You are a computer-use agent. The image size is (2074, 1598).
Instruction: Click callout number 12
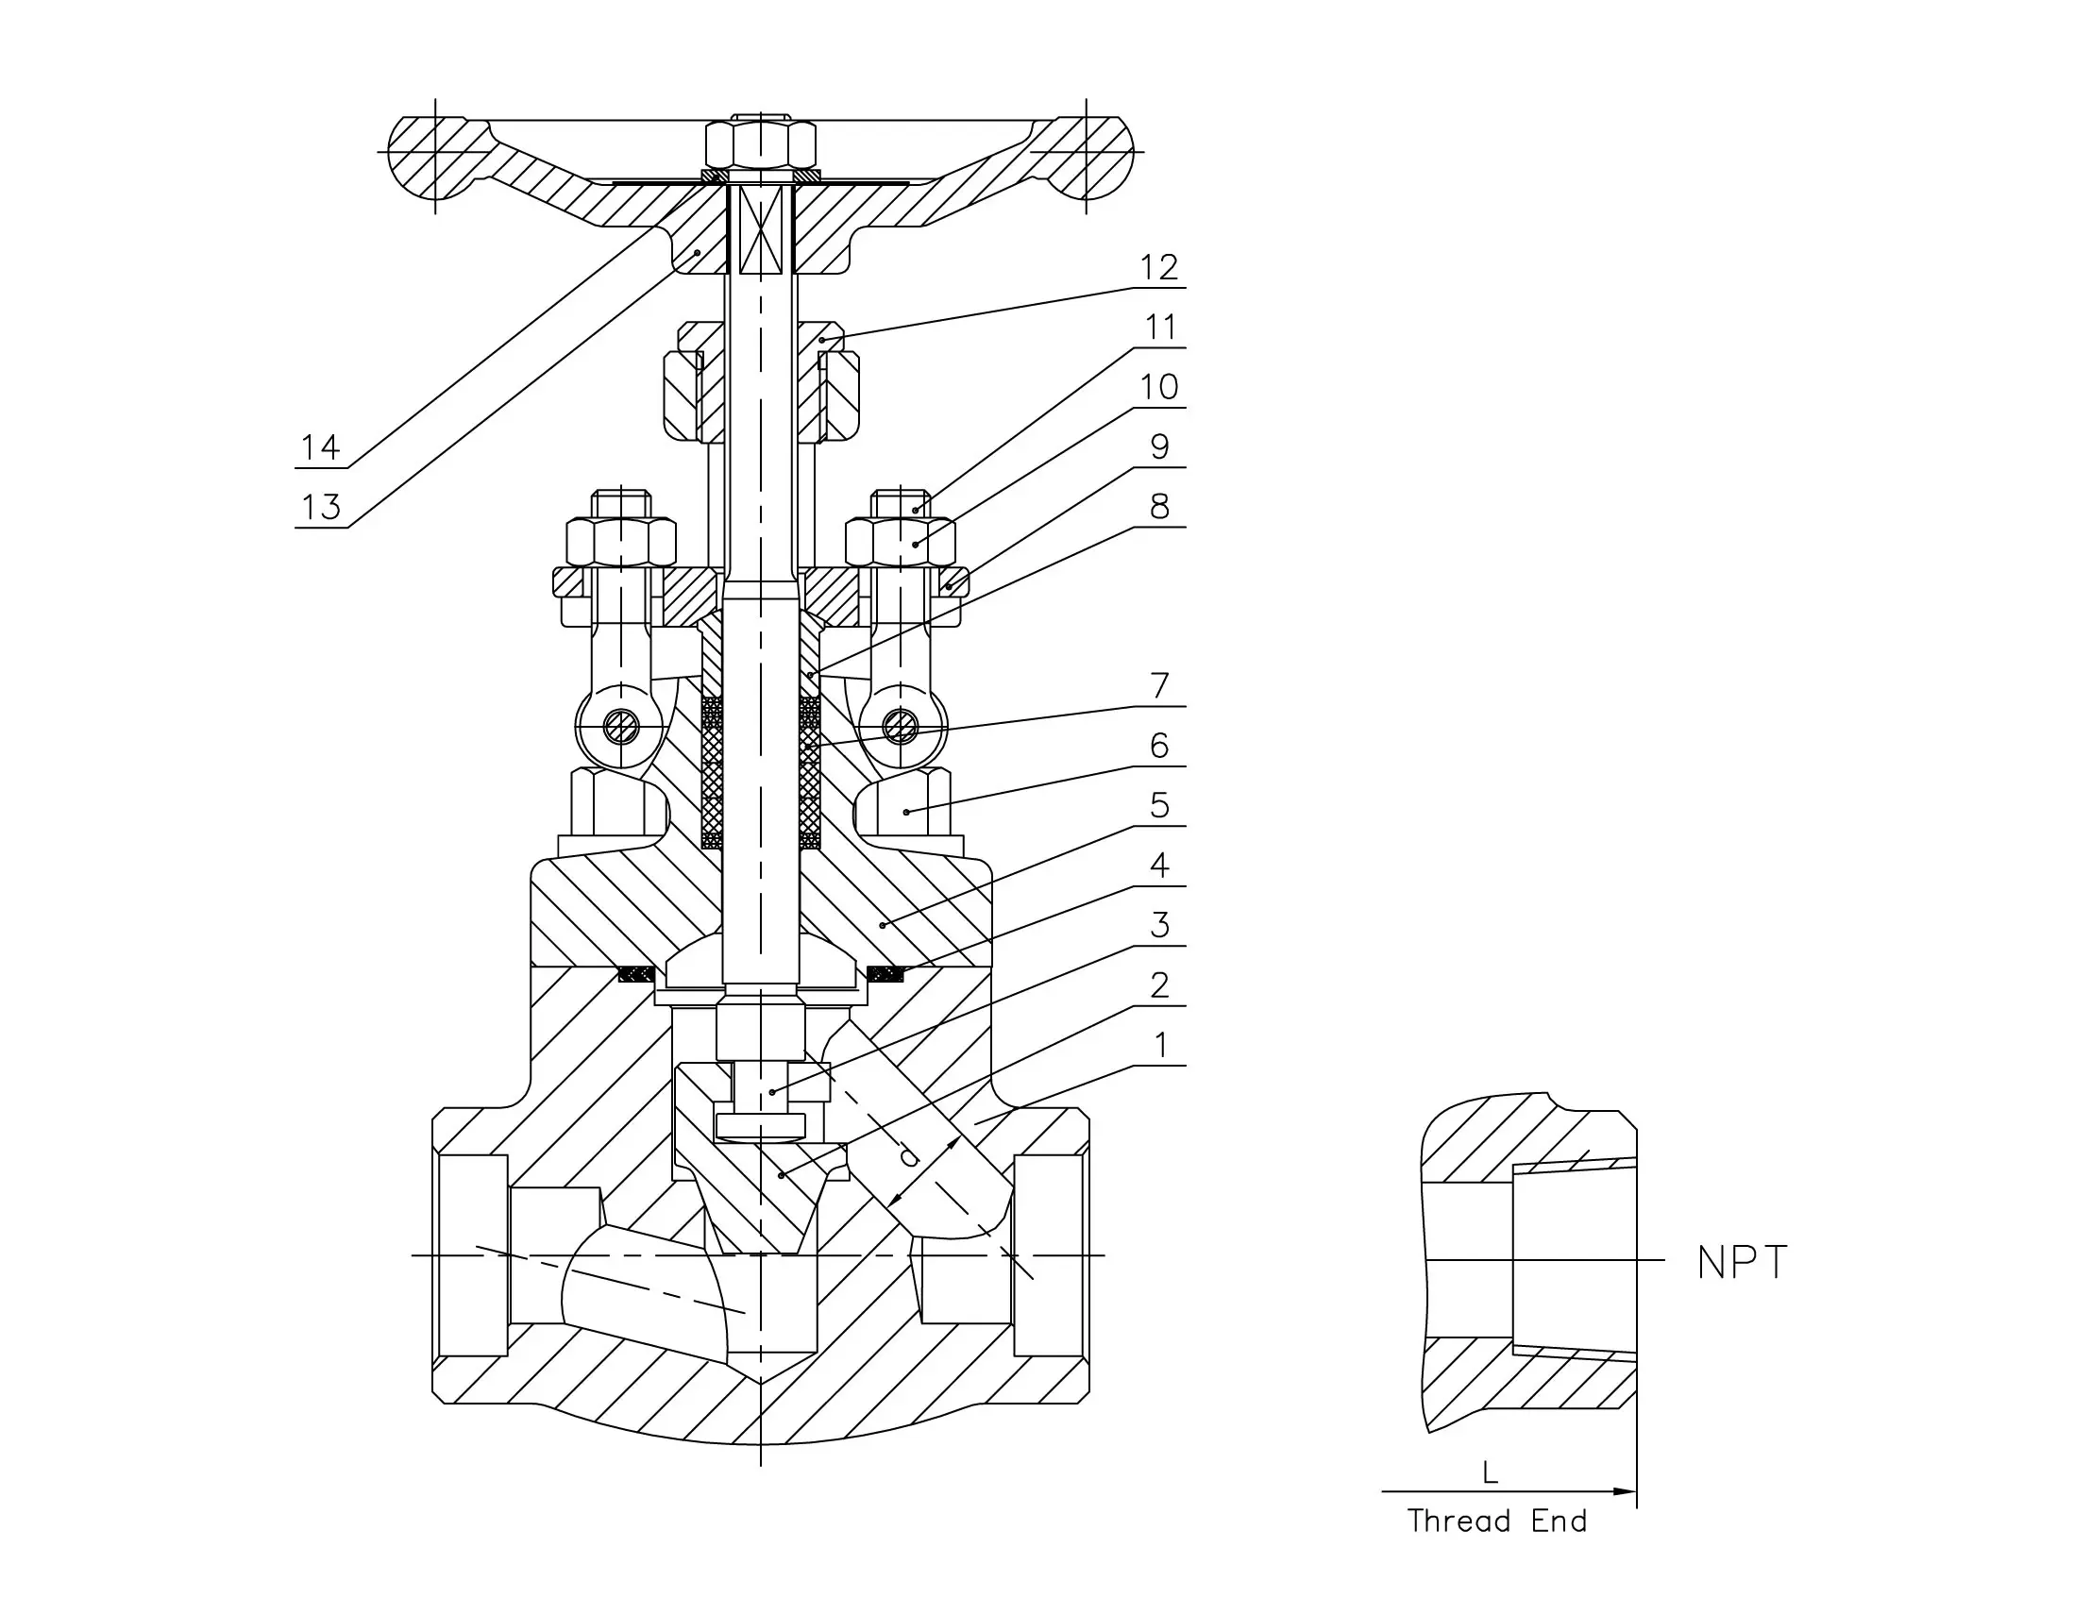pos(1158,268)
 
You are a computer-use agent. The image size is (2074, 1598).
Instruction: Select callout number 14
pos(321,447)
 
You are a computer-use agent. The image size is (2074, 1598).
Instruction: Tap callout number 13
pos(321,508)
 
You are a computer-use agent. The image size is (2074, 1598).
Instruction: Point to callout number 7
pos(1158,685)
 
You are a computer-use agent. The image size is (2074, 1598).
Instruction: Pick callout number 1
pos(1158,1046)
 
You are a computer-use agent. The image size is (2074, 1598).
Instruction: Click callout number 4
pos(1158,865)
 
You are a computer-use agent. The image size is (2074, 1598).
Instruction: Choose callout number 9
pos(1158,447)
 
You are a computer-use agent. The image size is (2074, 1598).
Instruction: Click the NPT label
pos(1742,1263)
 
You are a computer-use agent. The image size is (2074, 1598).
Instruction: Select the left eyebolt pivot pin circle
pos(621,729)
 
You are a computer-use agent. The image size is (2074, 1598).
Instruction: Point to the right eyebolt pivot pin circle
pos(900,729)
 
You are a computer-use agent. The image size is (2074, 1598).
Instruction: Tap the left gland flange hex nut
pos(621,542)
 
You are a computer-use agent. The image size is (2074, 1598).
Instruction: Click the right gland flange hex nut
pos(901,542)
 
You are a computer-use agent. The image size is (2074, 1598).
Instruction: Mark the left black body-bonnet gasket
pos(636,973)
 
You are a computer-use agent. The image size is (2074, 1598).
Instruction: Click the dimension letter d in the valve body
pos(909,1157)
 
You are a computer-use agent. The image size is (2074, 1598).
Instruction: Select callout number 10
pos(1158,387)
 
